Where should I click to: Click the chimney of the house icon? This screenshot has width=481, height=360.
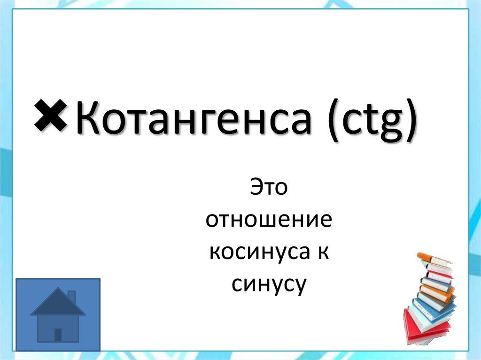[71, 297]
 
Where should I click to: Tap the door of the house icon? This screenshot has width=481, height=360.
[58, 334]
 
